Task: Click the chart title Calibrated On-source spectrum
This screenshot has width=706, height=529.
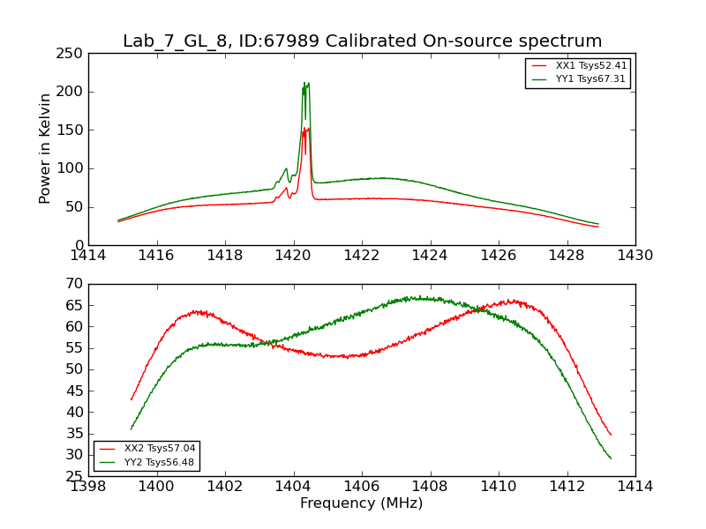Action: tap(362, 41)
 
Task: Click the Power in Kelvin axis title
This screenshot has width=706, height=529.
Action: tap(45, 149)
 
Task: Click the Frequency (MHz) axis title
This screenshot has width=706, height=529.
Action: tap(362, 503)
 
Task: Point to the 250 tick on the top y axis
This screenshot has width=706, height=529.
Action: tap(72, 54)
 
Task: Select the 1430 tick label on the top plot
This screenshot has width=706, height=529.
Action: tap(635, 256)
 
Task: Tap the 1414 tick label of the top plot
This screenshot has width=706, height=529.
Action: tap(88, 256)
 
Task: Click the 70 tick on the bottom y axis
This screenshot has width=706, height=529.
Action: tap(76, 284)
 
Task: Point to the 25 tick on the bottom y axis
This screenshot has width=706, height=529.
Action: tap(76, 476)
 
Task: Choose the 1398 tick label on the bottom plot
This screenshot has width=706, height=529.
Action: tap(88, 487)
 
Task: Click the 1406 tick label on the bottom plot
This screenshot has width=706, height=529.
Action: tap(362, 487)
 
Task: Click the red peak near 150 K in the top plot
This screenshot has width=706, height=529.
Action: tap(308, 129)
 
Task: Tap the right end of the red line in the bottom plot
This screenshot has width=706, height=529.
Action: tap(611, 435)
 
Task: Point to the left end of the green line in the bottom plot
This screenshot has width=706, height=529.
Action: tap(131, 429)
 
